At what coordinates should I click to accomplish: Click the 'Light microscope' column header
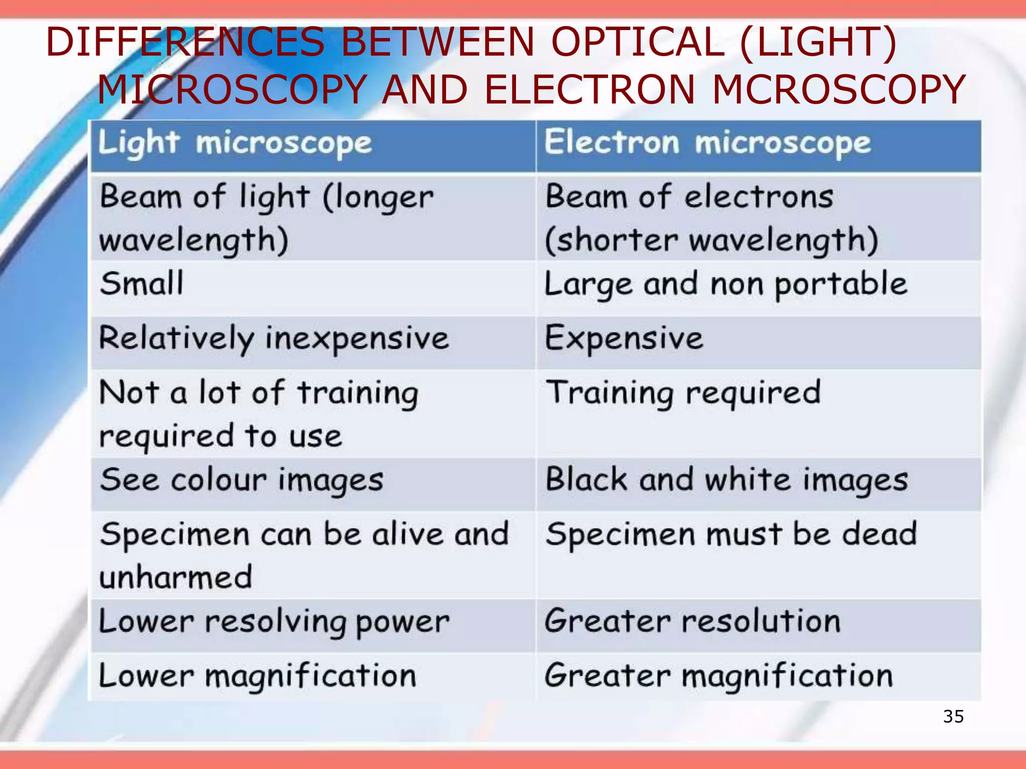click(x=234, y=144)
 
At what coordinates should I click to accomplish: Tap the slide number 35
click(x=953, y=716)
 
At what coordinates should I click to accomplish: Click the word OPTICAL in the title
click(x=637, y=42)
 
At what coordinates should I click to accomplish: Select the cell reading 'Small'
click(x=142, y=284)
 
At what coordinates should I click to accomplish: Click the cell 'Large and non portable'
click(x=725, y=284)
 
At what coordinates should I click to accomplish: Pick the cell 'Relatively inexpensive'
click(x=274, y=338)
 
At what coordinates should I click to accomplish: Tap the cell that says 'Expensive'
click(x=624, y=338)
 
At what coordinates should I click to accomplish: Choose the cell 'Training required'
click(x=683, y=393)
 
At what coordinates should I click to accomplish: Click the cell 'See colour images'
click(x=241, y=481)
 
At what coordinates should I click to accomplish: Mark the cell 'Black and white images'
click(x=726, y=480)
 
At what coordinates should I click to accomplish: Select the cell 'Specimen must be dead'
click(x=731, y=534)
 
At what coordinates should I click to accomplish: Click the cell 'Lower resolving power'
click(x=274, y=622)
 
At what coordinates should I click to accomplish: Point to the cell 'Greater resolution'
click(x=692, y=622)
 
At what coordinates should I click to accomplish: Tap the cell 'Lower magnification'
click(x=258, y=676)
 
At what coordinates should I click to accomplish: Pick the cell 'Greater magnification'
click(x=718, y=676)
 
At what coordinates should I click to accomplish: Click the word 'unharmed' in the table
click(x=175, y=578)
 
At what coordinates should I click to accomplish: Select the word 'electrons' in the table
click(x=758, y=197)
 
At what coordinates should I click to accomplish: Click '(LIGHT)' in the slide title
click(x=818, y=42)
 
